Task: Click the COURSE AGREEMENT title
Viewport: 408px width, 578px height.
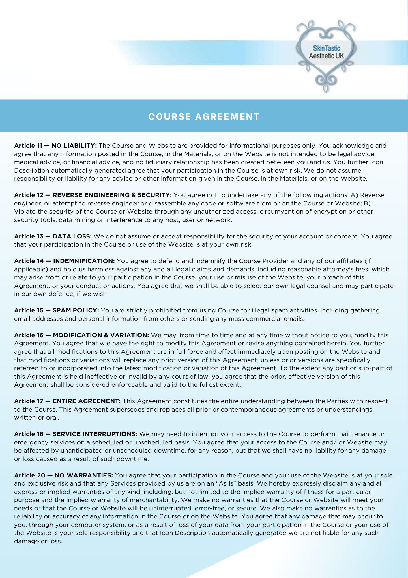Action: coord(204,117)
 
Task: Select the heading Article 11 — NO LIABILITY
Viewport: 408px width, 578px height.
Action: coord(55,146)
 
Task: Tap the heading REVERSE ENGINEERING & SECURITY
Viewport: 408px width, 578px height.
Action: coord(112,195)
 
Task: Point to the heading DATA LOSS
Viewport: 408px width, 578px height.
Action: coord(71,236)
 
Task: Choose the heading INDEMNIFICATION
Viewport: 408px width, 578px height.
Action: coord(84,261)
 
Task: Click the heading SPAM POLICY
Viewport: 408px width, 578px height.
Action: coord(76,310)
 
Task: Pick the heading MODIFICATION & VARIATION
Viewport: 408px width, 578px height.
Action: coord(101,335)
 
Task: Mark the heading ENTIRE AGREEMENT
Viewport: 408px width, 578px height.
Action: coord(87,401)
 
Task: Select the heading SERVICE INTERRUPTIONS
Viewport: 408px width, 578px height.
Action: coord(95,434)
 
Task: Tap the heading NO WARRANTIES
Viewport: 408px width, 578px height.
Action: coord(83,475)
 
